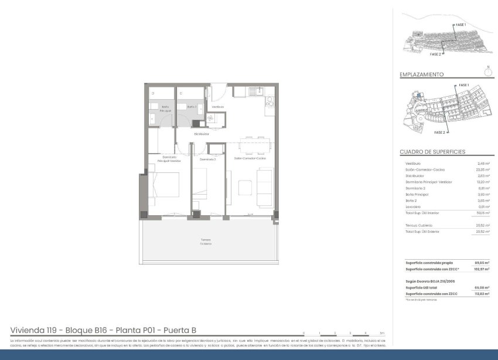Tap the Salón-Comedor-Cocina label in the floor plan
pos(250,159)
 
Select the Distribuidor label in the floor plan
pos(202,134)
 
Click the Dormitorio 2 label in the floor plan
pos(208,159)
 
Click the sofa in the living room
pos(265,186)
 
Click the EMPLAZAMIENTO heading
pos(421,75)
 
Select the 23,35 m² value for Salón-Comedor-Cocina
pos(483,170)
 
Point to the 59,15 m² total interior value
pos(483,213)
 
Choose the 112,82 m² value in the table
pos(482,293)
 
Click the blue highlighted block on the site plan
pos(419,96)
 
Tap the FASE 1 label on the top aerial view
pos(461,25)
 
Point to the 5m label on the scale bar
pos(381,332)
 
